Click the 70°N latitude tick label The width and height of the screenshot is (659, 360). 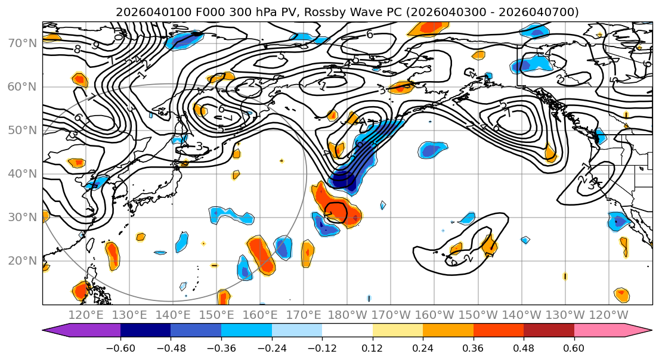21,43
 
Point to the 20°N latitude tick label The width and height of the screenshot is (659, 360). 21,260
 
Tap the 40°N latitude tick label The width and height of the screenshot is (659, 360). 21,173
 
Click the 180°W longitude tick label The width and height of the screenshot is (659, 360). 348,314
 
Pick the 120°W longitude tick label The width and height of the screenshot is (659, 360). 609,314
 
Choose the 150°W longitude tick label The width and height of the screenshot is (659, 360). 478,314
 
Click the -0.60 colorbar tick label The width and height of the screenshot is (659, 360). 120,347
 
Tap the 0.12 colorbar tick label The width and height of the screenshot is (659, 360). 372,347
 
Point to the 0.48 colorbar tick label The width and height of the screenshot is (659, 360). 524,347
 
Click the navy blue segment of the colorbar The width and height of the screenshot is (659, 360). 146,331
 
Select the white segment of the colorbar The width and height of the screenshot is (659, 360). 347,331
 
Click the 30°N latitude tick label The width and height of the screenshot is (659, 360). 21,217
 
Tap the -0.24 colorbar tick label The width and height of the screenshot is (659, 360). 271,347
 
